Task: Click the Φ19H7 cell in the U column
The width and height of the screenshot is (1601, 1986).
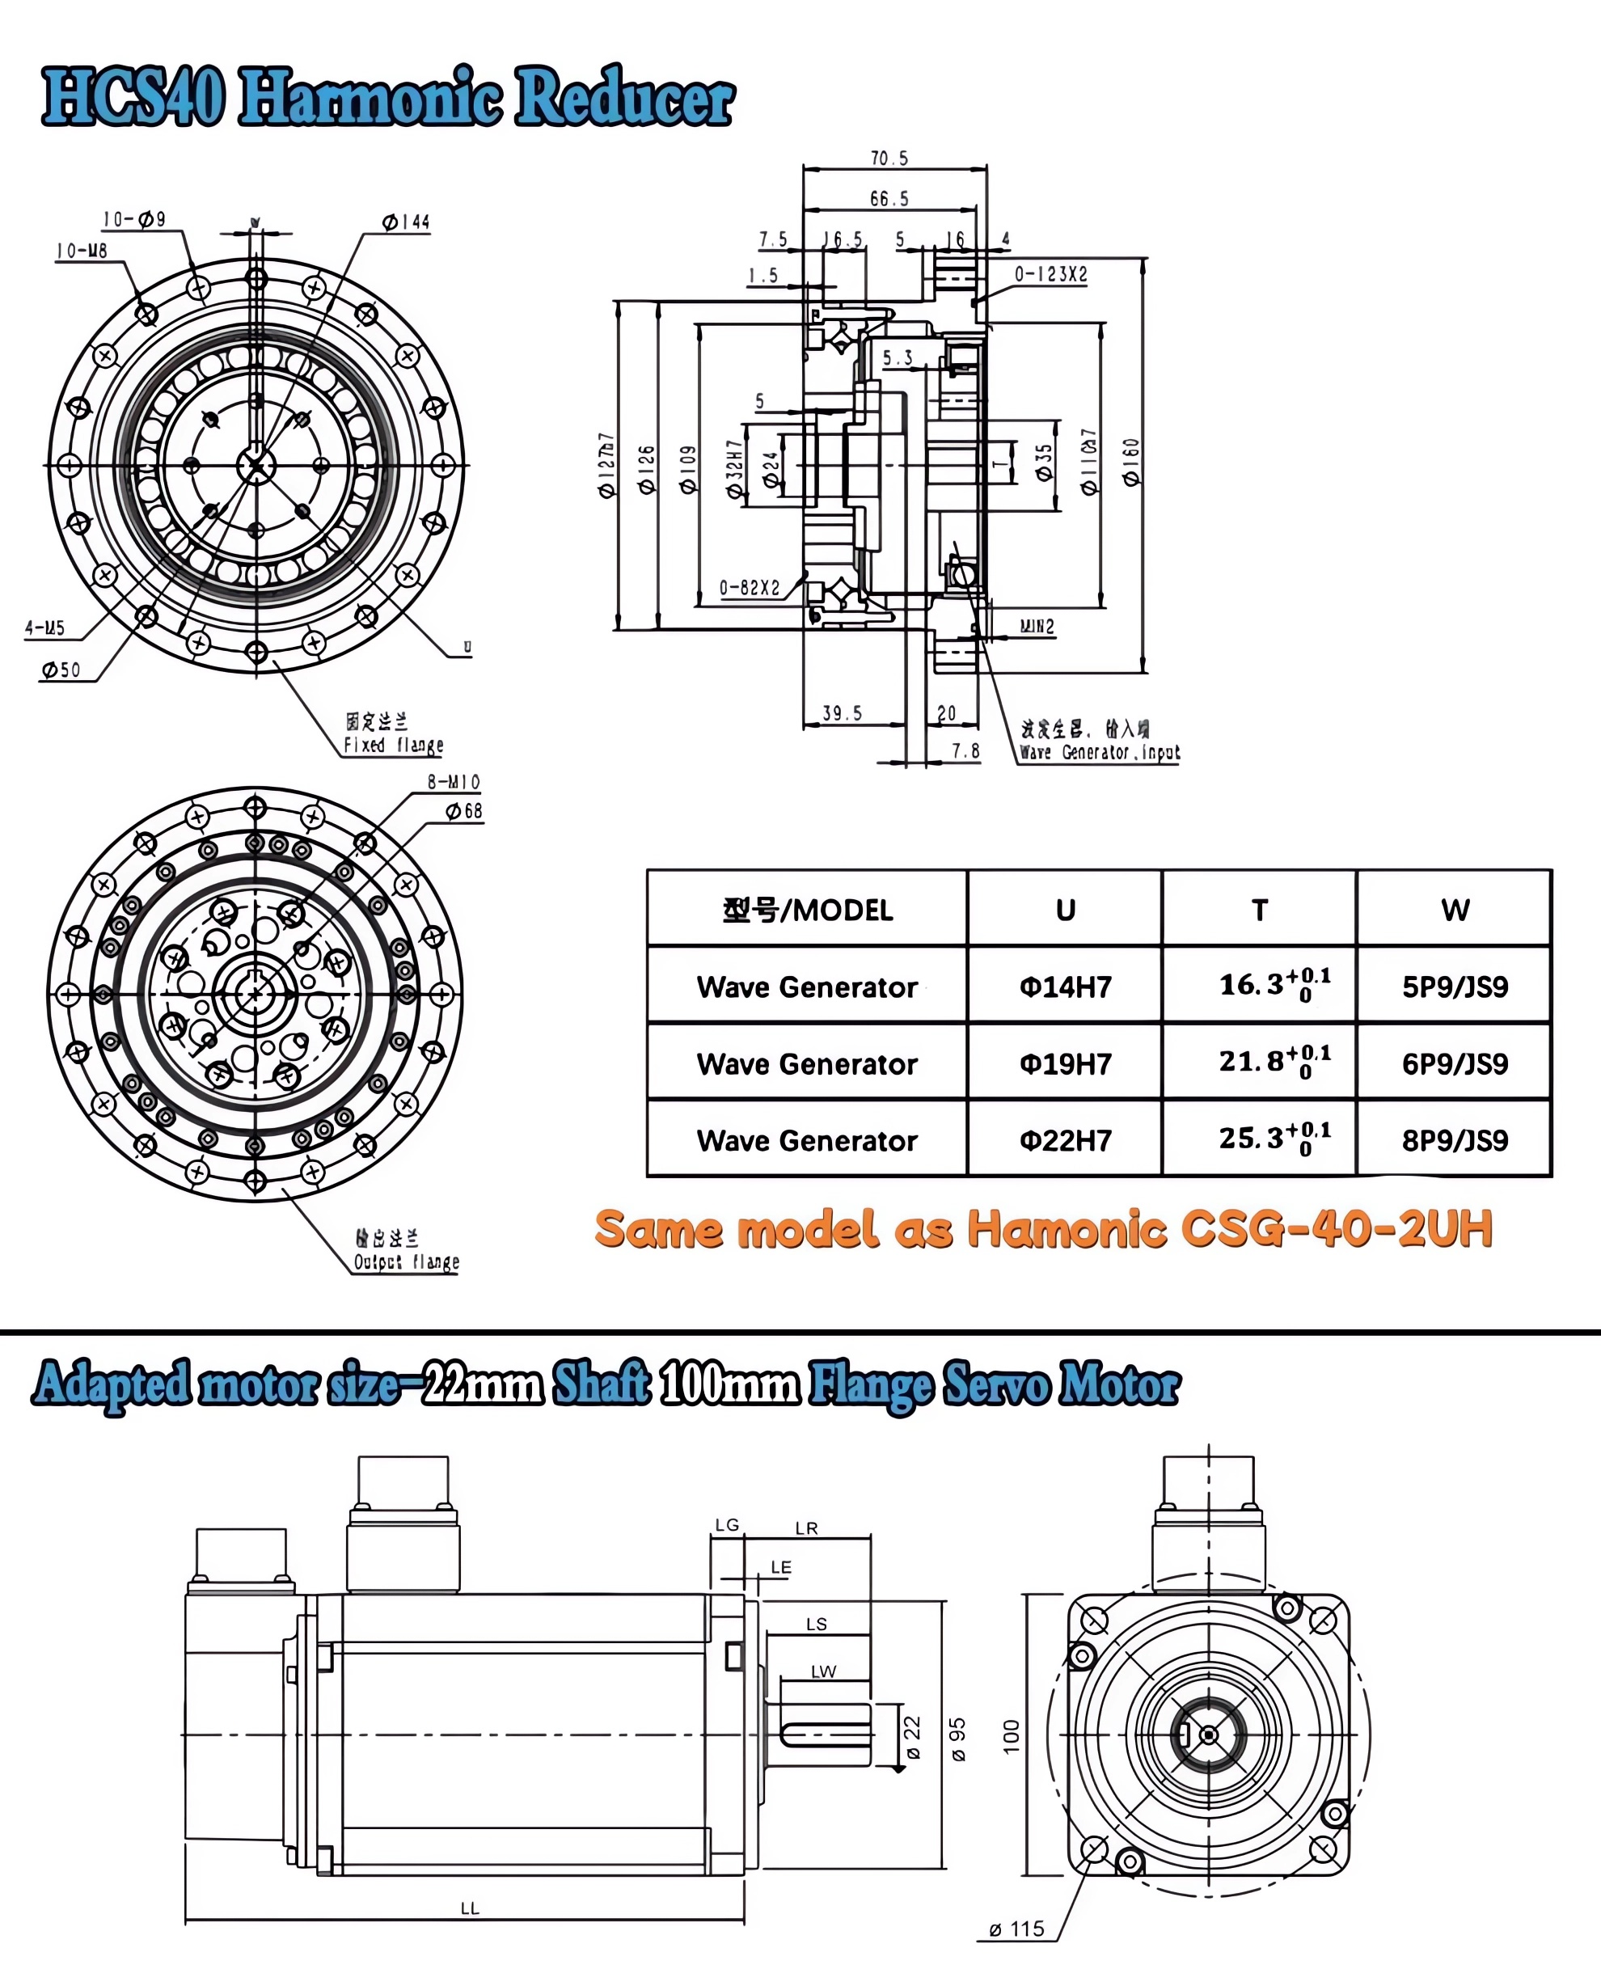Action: point(1065,1063)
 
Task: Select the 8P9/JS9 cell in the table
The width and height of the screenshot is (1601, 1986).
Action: point(1455,1140)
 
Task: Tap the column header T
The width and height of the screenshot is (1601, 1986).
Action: point(1259,911)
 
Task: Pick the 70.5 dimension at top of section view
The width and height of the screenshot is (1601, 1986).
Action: point(889,158)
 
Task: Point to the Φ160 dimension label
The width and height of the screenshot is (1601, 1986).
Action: point(1130,461)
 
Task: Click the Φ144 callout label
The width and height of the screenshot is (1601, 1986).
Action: point(406,222)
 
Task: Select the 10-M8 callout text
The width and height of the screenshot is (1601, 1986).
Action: point(82,251)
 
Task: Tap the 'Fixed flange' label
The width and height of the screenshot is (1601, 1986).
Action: point(394,745)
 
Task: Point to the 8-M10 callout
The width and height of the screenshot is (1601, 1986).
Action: point(453,782)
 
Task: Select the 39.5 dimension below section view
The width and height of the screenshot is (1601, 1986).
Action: point(842,713)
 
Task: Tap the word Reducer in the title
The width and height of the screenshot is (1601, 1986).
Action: point(623,97)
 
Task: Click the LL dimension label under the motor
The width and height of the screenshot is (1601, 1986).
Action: point(470,1908)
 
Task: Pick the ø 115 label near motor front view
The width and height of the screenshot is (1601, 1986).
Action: point(1016,1929)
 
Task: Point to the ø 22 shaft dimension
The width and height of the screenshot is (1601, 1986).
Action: point(912,1737)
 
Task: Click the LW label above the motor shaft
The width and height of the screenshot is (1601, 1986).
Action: point(822,1671)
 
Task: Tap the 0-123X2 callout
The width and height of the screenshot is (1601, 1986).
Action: point(1050,275)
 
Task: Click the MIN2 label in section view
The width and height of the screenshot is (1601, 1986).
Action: point(1037,627)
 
